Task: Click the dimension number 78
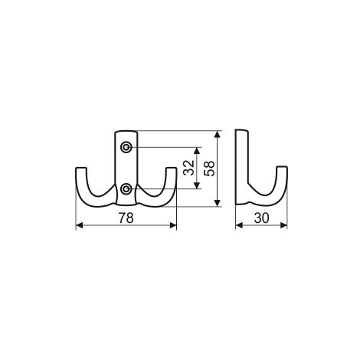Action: (x=126, y=218)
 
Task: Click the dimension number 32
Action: (x=189, y=168)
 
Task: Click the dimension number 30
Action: (x=262, y=218)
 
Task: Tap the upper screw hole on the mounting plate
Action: (x=126, y=147)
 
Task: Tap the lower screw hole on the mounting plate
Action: (x=126, y=189)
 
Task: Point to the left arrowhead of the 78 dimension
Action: (x=80, y=225)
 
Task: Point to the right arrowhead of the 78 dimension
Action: (x=173, y=225)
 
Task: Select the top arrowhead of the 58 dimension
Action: (x=218, y=134)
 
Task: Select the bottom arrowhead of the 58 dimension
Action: (x=218, y=203)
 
